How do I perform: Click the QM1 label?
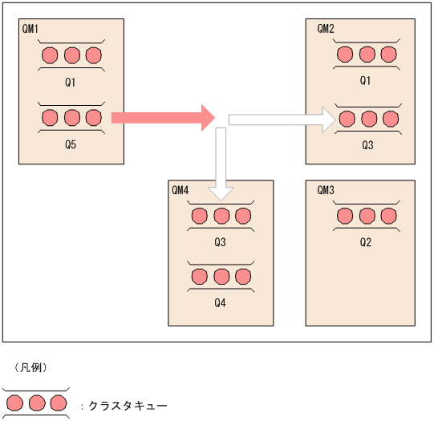(29, 28)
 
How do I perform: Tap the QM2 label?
(326, 28)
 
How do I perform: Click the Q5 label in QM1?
(71, 145)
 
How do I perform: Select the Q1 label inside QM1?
(71, 82)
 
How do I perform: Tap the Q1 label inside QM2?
(367, 81)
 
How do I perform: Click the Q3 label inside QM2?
(367, 145)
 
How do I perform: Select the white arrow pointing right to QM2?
(281, 119)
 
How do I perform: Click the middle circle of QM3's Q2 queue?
(367, 216)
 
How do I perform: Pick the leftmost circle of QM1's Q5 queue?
(50, 119)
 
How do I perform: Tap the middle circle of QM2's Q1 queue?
(367, 55)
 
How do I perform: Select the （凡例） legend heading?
(32, 367)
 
